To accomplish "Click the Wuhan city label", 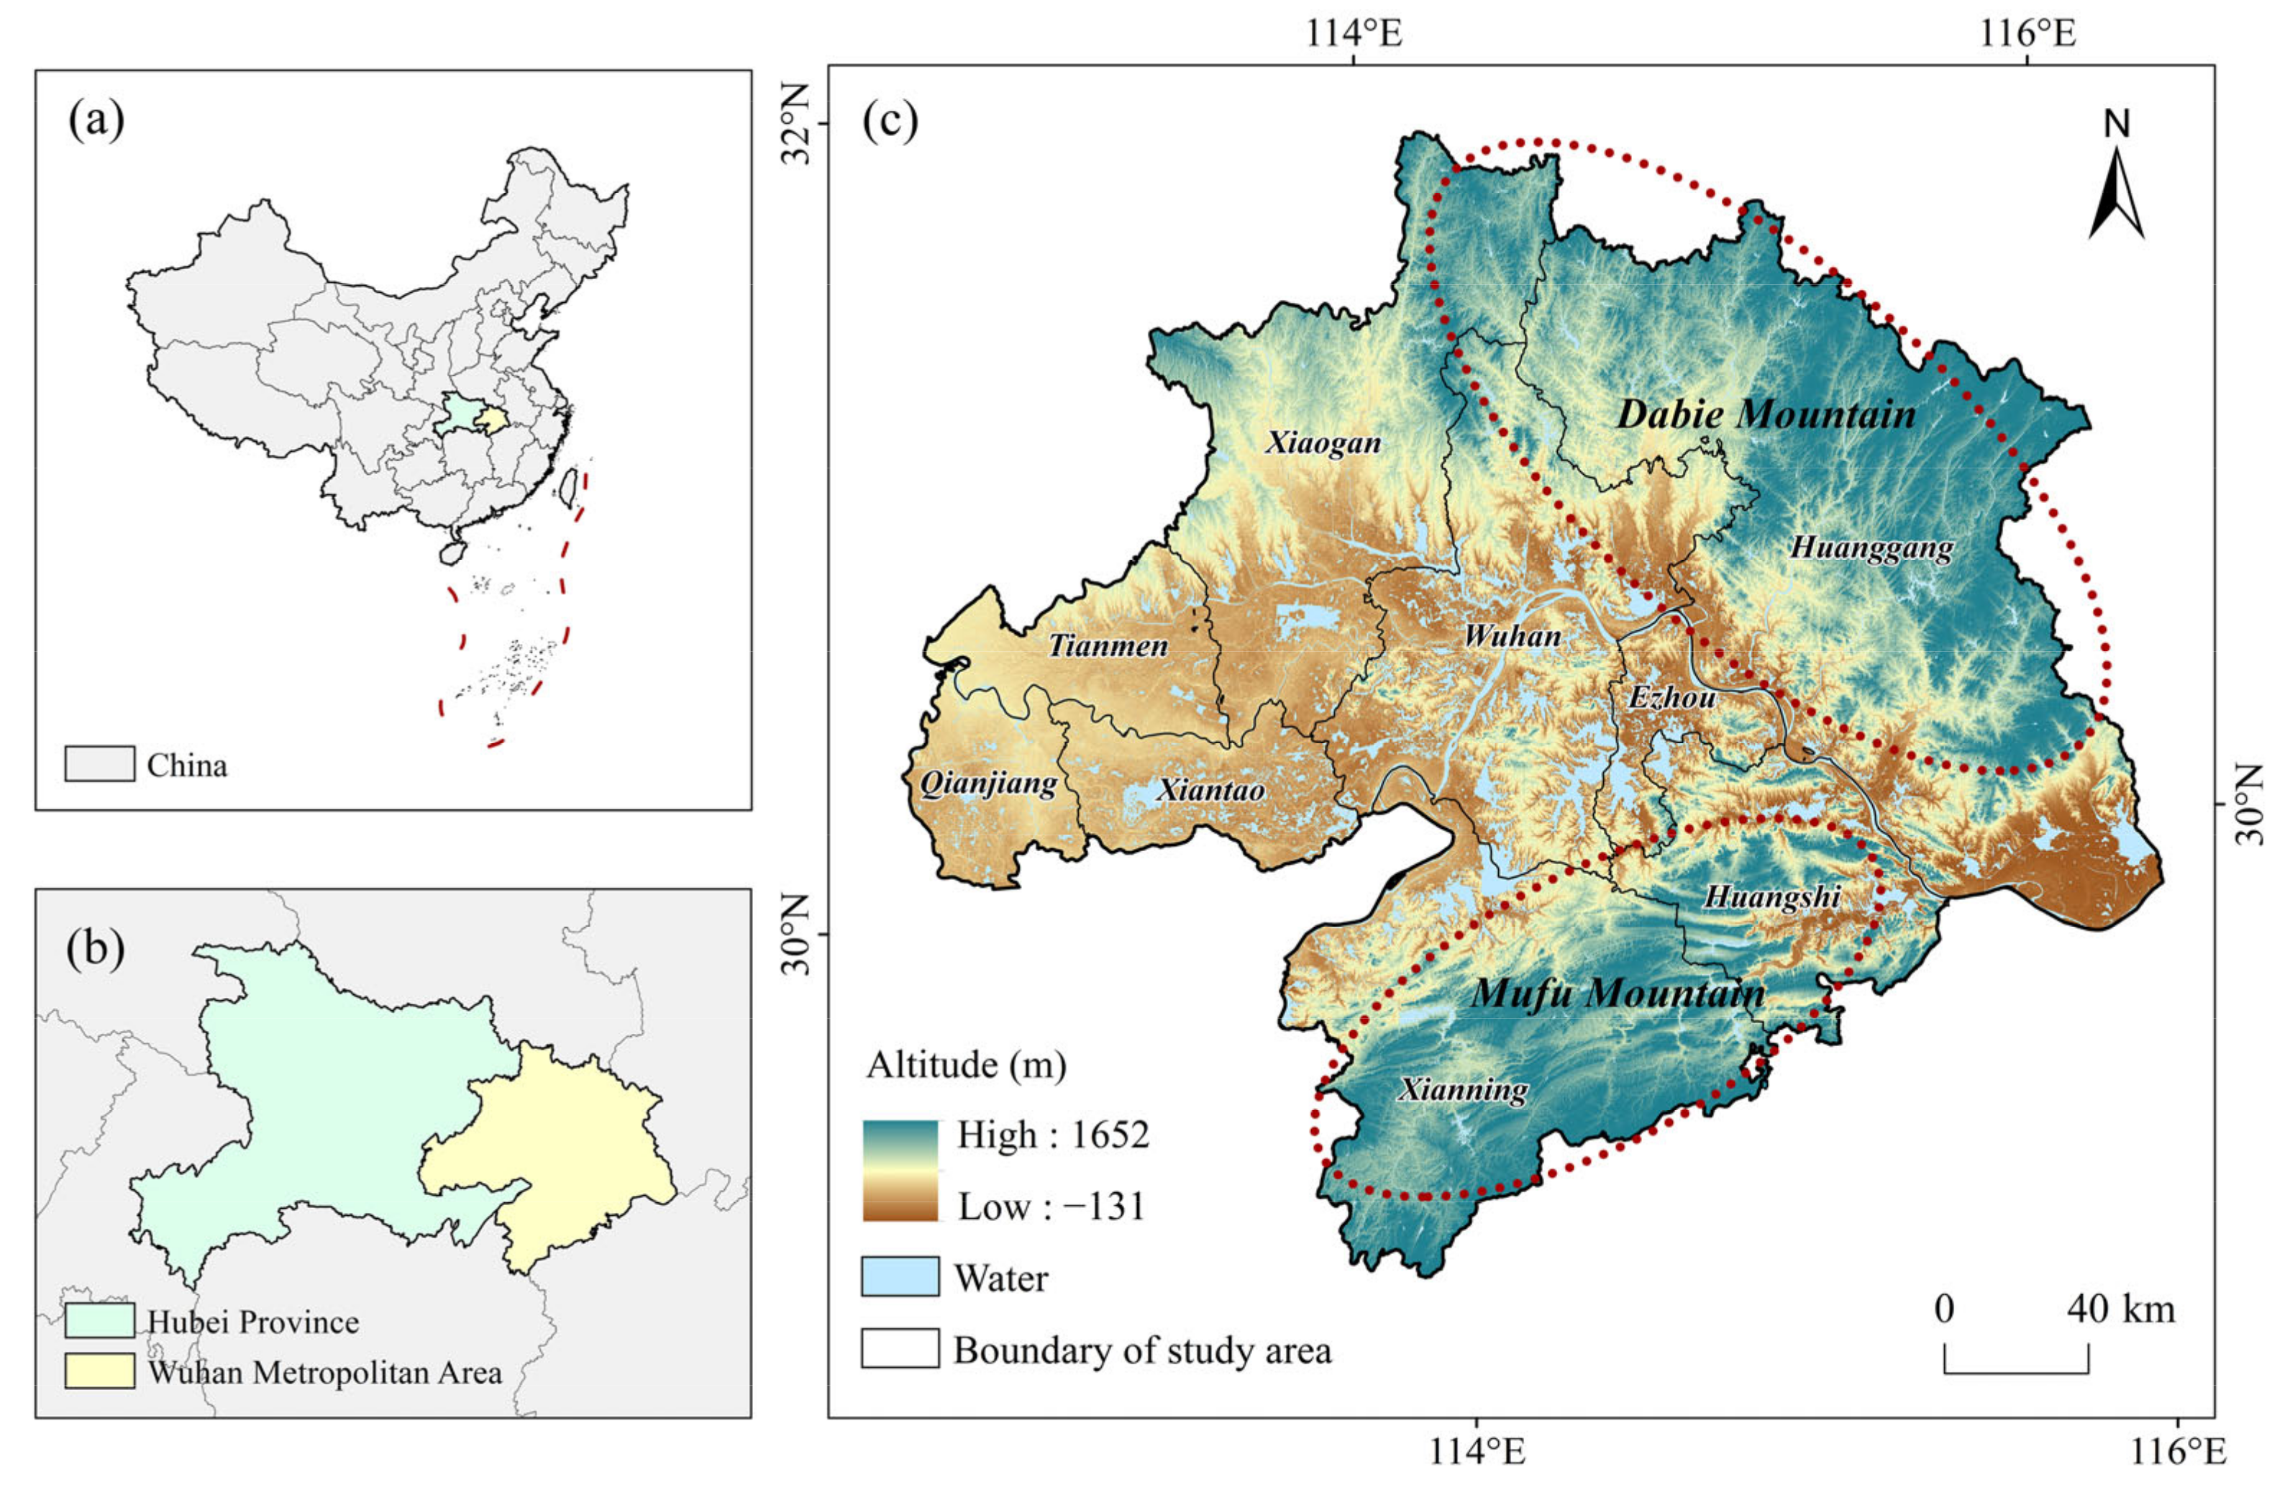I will click(x=1513, y=636).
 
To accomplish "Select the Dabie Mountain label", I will click(x=1766, y=415).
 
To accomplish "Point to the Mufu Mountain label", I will click(x=1618, y=993).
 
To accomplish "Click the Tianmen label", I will click(x=1108, y=645).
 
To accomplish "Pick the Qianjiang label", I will click(x=988, y=784).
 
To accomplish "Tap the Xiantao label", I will click(x=1210, y=790).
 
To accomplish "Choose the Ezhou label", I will click(x=1671, y=696).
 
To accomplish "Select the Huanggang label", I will click(x=1871, y=548).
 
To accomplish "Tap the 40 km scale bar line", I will click(x=2016, y=1371).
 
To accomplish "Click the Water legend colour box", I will click(x=900, y=1277).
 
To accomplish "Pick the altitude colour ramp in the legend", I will click(x=900, y=1171).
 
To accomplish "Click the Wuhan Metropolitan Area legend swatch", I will click(x=99, y=1371).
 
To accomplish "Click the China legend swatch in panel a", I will click(x=99, y=764).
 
